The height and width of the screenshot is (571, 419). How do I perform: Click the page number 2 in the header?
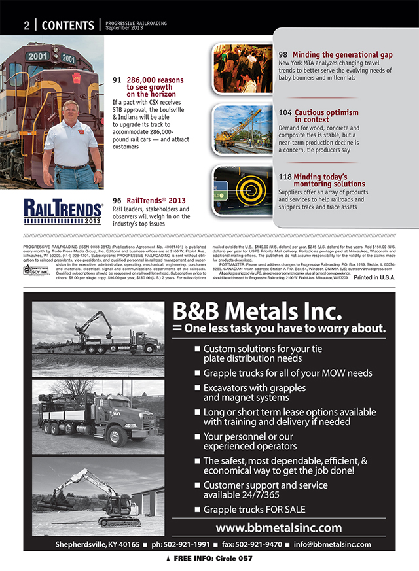click(x=27, y=26)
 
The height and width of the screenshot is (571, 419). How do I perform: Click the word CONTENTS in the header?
click(x=68, y=26)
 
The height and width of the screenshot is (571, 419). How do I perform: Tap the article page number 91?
click(x=117, y=80)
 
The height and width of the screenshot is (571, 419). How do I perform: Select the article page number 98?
click(x=283, y=54)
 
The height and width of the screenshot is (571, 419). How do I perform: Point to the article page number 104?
click(x=285, y=112)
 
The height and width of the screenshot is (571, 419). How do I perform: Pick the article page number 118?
click(x=285, y=177)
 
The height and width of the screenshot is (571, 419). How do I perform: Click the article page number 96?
click(x=117, y=201)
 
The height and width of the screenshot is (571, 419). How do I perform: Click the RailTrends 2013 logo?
click(x=64, y=211)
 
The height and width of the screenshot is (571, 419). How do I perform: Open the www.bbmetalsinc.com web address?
click(x=278, y=527)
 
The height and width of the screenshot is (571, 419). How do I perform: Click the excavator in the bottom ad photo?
click(x=98, y=497)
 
